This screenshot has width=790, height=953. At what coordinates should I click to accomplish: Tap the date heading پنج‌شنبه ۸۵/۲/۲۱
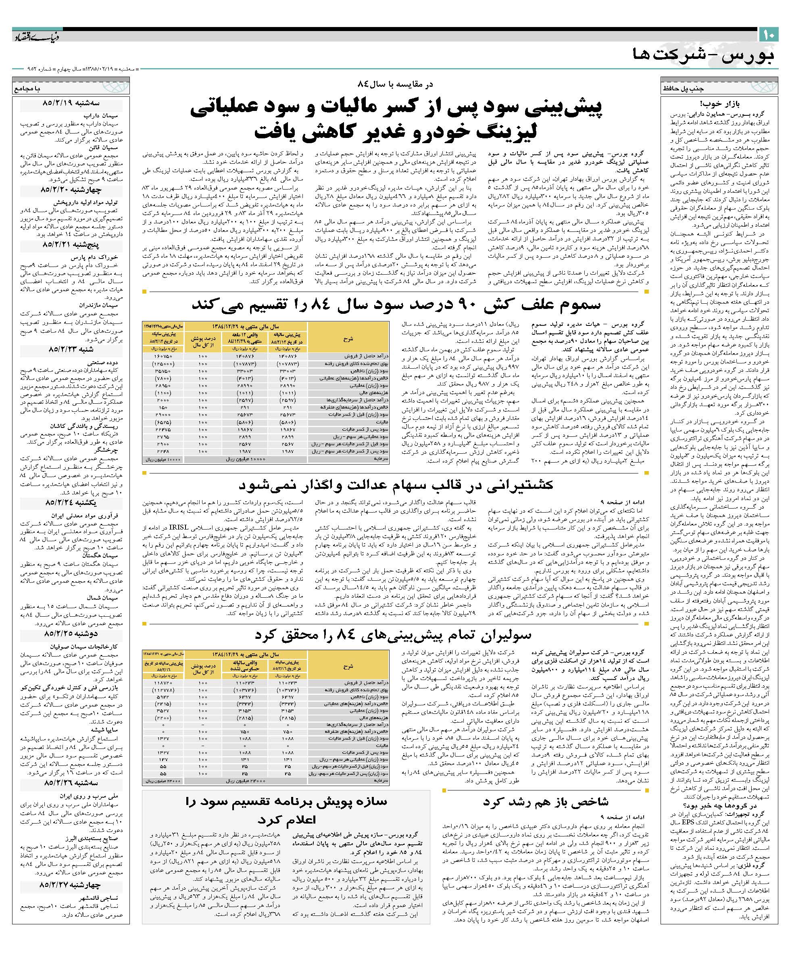pyautogui.click(x=73, y=244)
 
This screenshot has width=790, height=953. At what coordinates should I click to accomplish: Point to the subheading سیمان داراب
pyautogui.click(x=104, y=115)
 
